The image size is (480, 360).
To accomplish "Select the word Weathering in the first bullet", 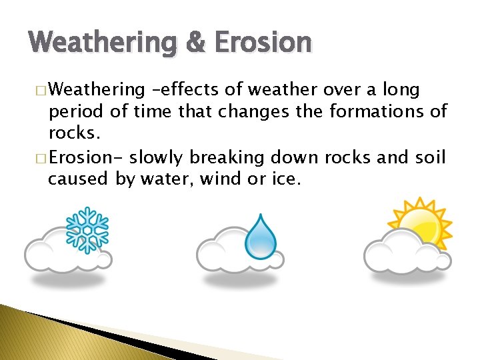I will point(97,89).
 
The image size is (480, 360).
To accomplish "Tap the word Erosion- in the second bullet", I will point(86,157).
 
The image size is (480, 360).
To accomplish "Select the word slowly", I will point(157,157).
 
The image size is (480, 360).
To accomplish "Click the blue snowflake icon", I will point(86,229).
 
